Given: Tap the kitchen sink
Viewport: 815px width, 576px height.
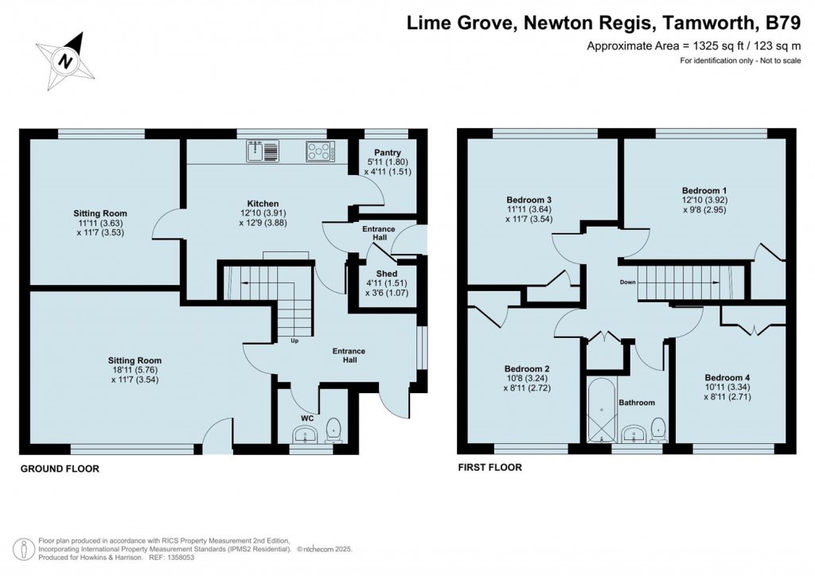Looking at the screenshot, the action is (263, 150).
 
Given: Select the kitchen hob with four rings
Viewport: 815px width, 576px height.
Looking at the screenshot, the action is (320, 150).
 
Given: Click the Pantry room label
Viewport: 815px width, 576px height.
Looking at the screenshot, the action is (388, 152).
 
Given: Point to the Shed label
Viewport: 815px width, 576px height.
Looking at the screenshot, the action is (387, 274).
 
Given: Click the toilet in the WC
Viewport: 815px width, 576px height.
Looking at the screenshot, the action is (333, 431).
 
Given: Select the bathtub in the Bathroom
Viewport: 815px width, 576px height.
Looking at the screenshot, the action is (601, 411).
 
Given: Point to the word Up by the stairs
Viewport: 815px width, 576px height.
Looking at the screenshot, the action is (294, 341).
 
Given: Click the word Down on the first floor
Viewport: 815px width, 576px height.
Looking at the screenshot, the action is (627, 282).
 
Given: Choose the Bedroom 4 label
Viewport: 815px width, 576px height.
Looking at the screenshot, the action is (727, 378).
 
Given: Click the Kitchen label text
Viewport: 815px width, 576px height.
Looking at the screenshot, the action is (263, 204).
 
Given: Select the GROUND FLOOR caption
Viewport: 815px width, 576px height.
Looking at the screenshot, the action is (60, 469).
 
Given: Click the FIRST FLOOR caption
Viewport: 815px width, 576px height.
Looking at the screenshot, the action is (489, 468).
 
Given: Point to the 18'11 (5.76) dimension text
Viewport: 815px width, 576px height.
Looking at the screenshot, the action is (135, 370).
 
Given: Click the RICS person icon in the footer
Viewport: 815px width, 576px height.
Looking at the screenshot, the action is (23, 550).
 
